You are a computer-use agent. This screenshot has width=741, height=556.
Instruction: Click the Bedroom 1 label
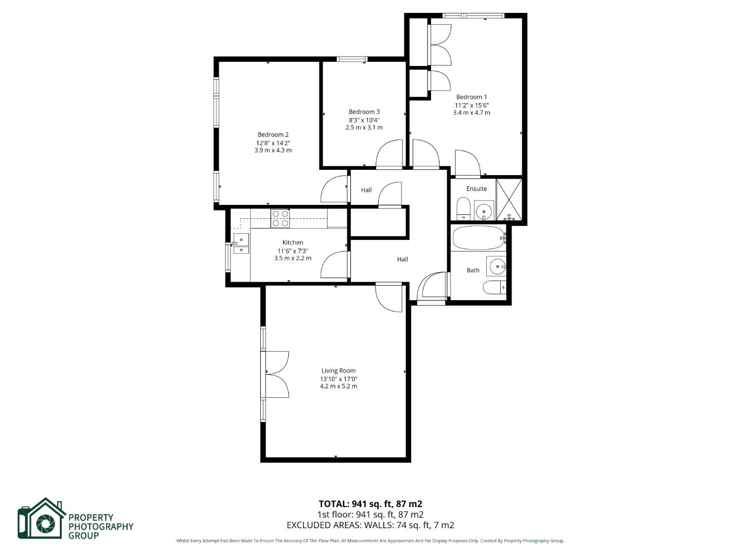point(471,97)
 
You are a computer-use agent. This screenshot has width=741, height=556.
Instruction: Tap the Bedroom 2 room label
point(273,135)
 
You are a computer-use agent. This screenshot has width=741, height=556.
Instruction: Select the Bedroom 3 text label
point(364,112)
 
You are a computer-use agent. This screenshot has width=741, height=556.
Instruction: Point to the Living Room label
point(338,371)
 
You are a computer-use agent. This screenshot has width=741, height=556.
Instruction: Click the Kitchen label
point(292,242)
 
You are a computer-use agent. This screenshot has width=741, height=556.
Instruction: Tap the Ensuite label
point(476,189)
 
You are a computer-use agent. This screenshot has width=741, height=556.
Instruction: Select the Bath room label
point(472,270)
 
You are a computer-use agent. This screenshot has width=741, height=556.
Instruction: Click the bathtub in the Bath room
point(478,238)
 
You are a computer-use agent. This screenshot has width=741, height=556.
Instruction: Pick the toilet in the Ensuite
point(463,208)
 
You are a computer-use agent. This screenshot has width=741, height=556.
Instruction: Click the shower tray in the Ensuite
point(509,199)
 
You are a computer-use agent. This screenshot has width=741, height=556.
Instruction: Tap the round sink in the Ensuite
point(484,211)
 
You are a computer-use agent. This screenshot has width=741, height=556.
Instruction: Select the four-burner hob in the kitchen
point(280,218)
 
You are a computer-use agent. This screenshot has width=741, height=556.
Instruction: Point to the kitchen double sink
point(241,244)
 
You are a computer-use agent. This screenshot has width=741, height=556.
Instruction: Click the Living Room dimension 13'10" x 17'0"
point(338,379)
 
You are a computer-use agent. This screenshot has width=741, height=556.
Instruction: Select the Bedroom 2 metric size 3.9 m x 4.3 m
point(273,150)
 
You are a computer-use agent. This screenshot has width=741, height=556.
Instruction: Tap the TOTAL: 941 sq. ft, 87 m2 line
point(370,504)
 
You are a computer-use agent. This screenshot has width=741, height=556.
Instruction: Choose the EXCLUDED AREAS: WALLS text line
point(370,525)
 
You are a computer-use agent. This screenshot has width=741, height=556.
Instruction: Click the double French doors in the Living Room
point(276,374)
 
